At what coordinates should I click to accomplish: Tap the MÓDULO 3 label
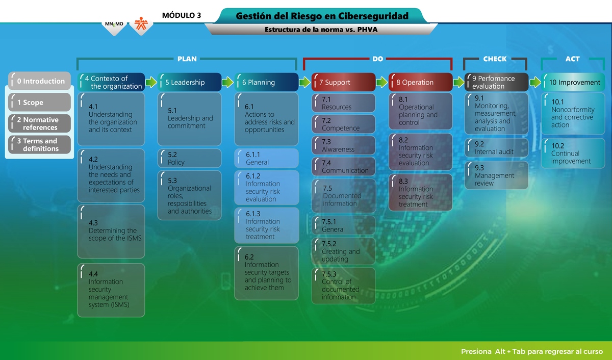click(x=181, y=15)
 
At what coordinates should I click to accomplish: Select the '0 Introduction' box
click(x=39, y=81)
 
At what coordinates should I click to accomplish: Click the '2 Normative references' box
click(x=39, y=123)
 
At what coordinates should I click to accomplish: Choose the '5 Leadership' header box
click(x=190, y=82)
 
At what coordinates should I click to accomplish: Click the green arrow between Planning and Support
click(x=304, y=82)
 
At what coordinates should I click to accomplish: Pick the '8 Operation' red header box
click(x=420, y=82)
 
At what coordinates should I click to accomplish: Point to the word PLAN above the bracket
click(x=187, y=59)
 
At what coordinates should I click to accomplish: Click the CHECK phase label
click(x=495, y=59)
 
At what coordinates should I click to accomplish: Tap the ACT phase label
click(x=572, y=59)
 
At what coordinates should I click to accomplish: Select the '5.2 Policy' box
click(x=190, y=158)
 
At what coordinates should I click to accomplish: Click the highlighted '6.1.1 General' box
click(x=266, y=158)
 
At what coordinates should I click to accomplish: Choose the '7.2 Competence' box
click(x=343, y=124)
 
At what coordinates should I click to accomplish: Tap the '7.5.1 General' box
click(x=343, y=225)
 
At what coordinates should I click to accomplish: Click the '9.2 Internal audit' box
click(x=496, y=148)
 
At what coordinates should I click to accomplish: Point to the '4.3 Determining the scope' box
click(x=111, y=232)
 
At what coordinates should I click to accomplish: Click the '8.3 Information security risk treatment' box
click(x=420, y=193)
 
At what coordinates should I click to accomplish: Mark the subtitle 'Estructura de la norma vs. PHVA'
click(x=321, y=30)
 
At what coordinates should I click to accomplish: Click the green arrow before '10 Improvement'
click(x=535, y=82)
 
